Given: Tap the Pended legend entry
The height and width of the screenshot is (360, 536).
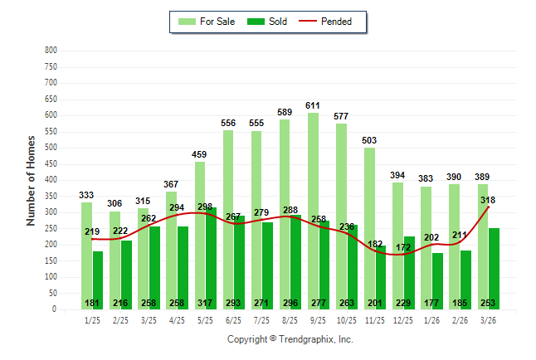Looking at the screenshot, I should point(336,22).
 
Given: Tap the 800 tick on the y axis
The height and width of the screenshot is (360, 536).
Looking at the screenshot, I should point(51,51).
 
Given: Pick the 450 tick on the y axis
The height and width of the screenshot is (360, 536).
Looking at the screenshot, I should point(51,164).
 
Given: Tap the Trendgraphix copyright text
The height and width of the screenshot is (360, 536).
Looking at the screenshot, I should point(290,339).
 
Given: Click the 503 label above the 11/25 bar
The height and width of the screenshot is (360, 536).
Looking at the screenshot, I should point(369,140).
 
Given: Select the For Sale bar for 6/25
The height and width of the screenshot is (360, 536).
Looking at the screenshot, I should point(228,220).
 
